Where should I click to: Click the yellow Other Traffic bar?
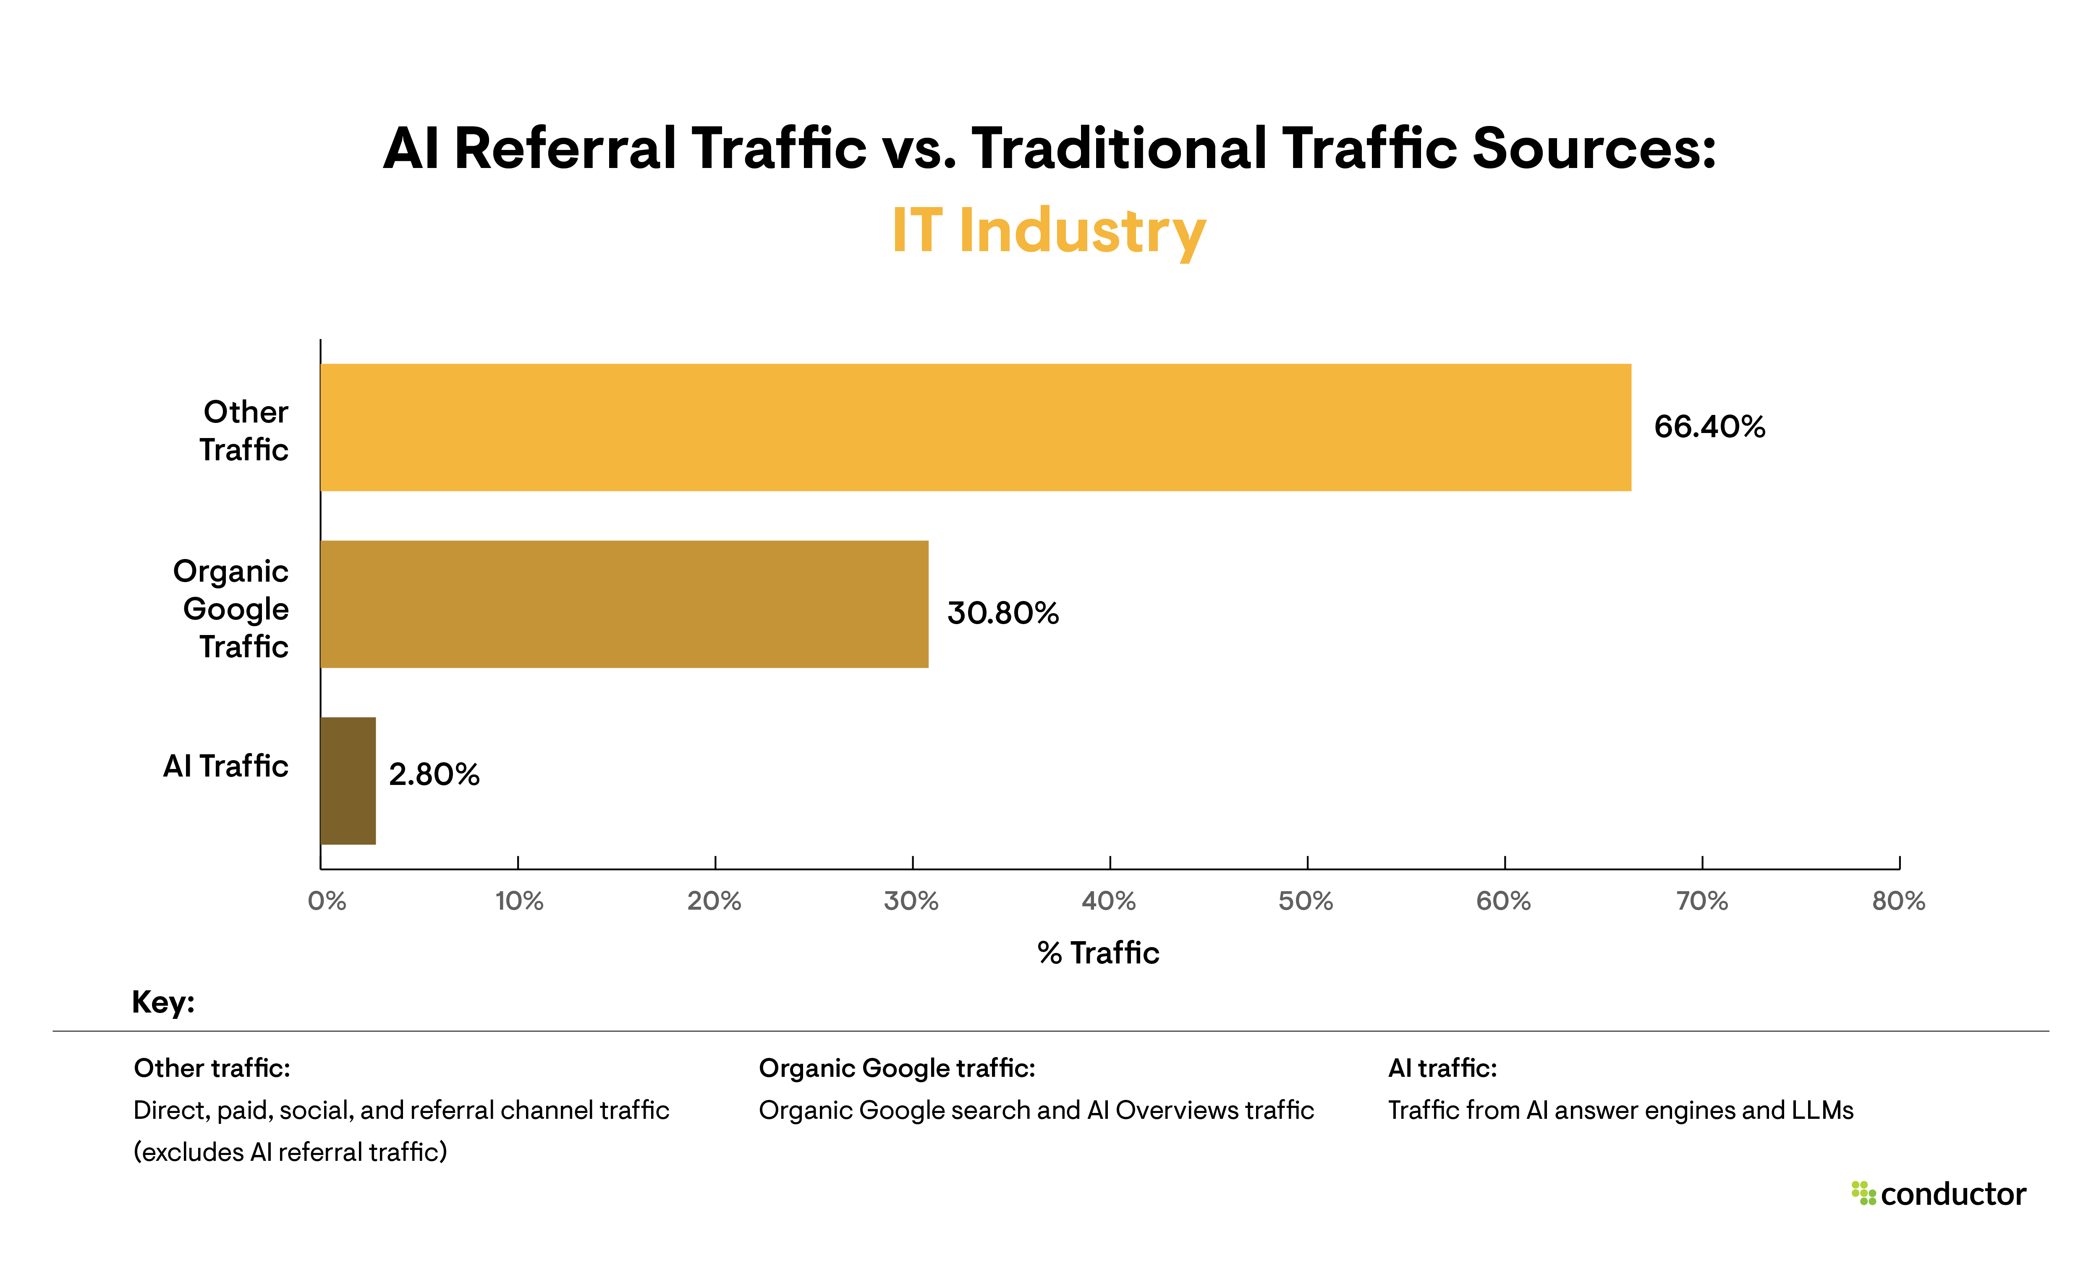tap(975, 428)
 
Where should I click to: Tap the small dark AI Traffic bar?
tap(348, 780)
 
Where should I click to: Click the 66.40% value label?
tap(1709, 427)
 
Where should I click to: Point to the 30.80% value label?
tap(1002, 614)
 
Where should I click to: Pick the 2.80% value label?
tap(434, 774)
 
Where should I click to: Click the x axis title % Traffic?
tap(1098, 953)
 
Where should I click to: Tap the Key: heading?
tap(163, 1002)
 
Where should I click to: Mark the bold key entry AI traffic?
tap(1442, 1068)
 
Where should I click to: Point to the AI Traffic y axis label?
tap(226, 766)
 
